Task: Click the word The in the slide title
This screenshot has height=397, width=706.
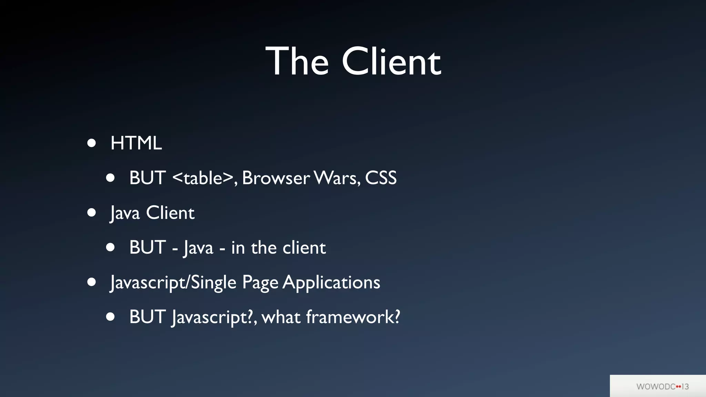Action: [x=297, y=62]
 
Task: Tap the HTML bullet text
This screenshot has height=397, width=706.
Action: [x=136, y=143]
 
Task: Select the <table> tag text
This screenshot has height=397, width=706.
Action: [x=203, y=178]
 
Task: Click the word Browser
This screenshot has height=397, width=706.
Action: [x=276, y=178]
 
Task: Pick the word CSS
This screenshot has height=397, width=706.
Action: [x=381, y=178]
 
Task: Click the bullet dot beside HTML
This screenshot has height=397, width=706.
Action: [x=91, y=143]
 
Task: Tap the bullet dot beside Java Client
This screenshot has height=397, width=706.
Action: [x=91, y=213]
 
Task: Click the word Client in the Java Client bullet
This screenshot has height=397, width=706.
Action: [x=170, y=213]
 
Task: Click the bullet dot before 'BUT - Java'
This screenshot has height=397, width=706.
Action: [x=110, y=247]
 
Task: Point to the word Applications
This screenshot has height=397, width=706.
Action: [x=331, y=283]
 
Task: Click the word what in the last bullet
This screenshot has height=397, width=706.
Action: [x=281, y=317]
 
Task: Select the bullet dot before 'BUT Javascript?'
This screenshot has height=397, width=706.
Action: [x=110, y=317]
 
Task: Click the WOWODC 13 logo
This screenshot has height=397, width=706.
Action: [x=662, y=386]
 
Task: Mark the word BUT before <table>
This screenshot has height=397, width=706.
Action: [x=148, y=178]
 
